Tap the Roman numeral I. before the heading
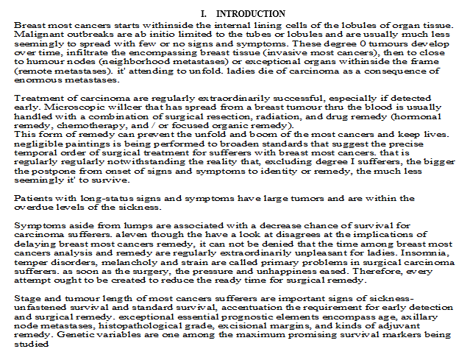[x=204, y=14]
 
